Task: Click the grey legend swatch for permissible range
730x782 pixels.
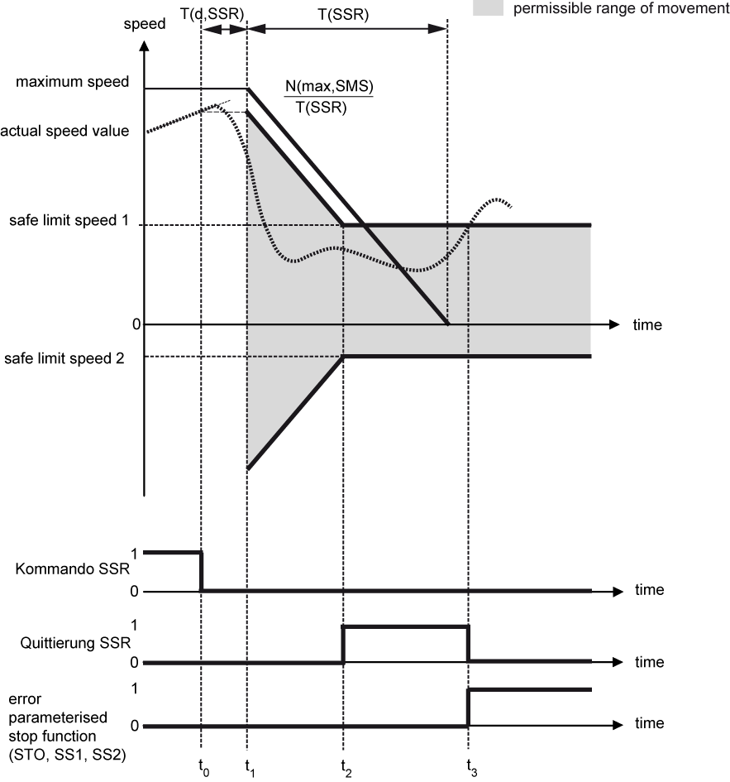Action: click(488, 7)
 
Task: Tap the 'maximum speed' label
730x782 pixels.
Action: click(72, 81)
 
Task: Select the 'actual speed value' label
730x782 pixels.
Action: click(64, 131)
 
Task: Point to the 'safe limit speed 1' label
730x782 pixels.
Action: click(69, 220)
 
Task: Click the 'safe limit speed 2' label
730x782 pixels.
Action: click(64, 358)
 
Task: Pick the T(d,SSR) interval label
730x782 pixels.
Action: click(212, 13)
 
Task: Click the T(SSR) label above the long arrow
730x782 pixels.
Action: click(343, 14)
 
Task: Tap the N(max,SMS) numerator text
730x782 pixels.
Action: click(329, 86)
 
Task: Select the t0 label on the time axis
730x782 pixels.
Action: click(203, 768)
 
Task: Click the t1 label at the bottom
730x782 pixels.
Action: click(250, 768)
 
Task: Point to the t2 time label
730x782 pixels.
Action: click(346, 768)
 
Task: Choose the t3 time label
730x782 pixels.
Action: click(471, 768)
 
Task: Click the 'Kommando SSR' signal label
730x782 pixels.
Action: click(72, 569)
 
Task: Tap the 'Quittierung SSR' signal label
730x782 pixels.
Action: click(75, 642)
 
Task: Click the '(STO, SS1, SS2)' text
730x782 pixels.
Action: click(67, 755)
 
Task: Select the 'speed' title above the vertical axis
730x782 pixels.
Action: click(145, 24)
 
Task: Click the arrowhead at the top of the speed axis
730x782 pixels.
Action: click(144, 46)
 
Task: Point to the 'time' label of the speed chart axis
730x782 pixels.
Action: click(647, 324)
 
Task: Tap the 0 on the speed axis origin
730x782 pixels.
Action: click(136, 324)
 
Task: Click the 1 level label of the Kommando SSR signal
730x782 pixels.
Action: click(134, 554)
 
